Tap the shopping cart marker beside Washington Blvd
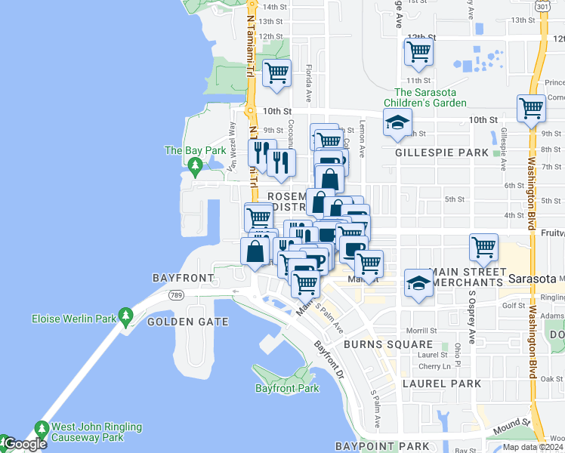(x=531, y=108)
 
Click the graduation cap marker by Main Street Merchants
(x=418, y=283)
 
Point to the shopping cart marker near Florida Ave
(x=277, y=73)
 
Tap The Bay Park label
(x=195, y=150)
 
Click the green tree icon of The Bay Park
(x=195, y=165)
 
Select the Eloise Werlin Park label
(x=74, y=319)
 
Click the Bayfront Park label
(x=287, y=388)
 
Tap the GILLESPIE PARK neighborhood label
(x=442, y=153)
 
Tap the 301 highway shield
(x=542, y=5)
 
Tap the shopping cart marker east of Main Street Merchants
(x=483, y=246)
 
